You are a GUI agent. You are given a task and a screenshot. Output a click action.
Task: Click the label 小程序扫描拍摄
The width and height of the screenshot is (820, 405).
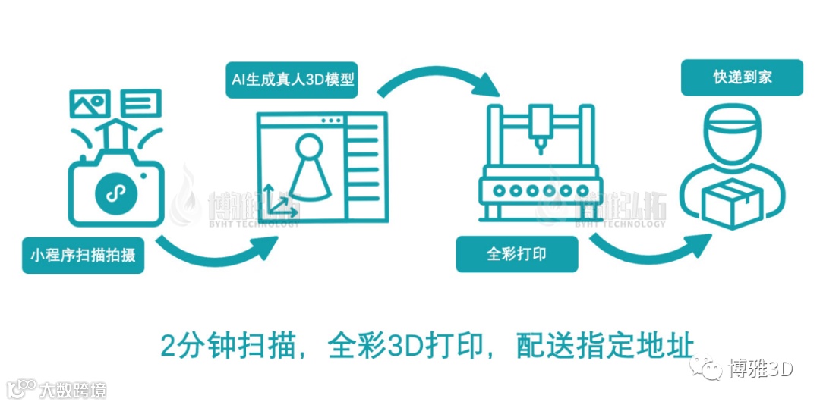(x=83, y=256)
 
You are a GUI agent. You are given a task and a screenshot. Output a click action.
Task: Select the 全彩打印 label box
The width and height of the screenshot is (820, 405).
(x=516, y=253)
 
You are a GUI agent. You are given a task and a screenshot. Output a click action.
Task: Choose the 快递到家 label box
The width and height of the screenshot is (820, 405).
(x=742, y=77)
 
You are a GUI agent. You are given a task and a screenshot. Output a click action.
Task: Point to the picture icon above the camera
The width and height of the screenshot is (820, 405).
(x=90, y=104)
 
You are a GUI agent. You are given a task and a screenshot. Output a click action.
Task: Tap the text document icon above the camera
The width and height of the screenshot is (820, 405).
(x=142, y=103)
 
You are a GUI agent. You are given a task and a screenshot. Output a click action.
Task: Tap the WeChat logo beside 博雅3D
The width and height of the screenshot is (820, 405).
(x=711, y=369)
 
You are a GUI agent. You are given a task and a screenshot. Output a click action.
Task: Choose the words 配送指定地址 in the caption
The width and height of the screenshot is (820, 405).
(x=604, y=345)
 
